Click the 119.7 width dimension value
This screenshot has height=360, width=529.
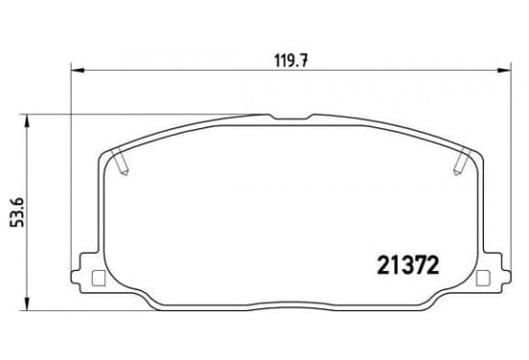(290, 60)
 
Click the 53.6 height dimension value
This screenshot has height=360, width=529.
(17, 213)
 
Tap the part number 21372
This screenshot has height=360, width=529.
(408, 264)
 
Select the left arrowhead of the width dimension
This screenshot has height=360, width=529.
(78, 71)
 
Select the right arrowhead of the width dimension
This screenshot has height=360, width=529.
(504, 71)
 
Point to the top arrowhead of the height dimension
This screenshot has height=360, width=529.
(26, 121)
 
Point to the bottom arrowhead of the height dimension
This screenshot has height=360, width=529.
(26, 304)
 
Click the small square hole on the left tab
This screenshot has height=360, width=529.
(99, 279)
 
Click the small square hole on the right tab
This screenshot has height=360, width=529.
(483, 279)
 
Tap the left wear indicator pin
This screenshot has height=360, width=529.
(121, 162)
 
